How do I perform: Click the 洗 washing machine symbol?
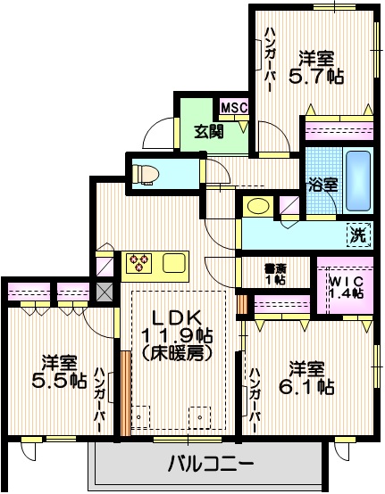[x=357, y=236]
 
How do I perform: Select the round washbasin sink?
[x=258, y=206]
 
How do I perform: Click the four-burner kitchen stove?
[x=141, y=262]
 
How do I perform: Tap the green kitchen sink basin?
[x=172, y=262]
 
